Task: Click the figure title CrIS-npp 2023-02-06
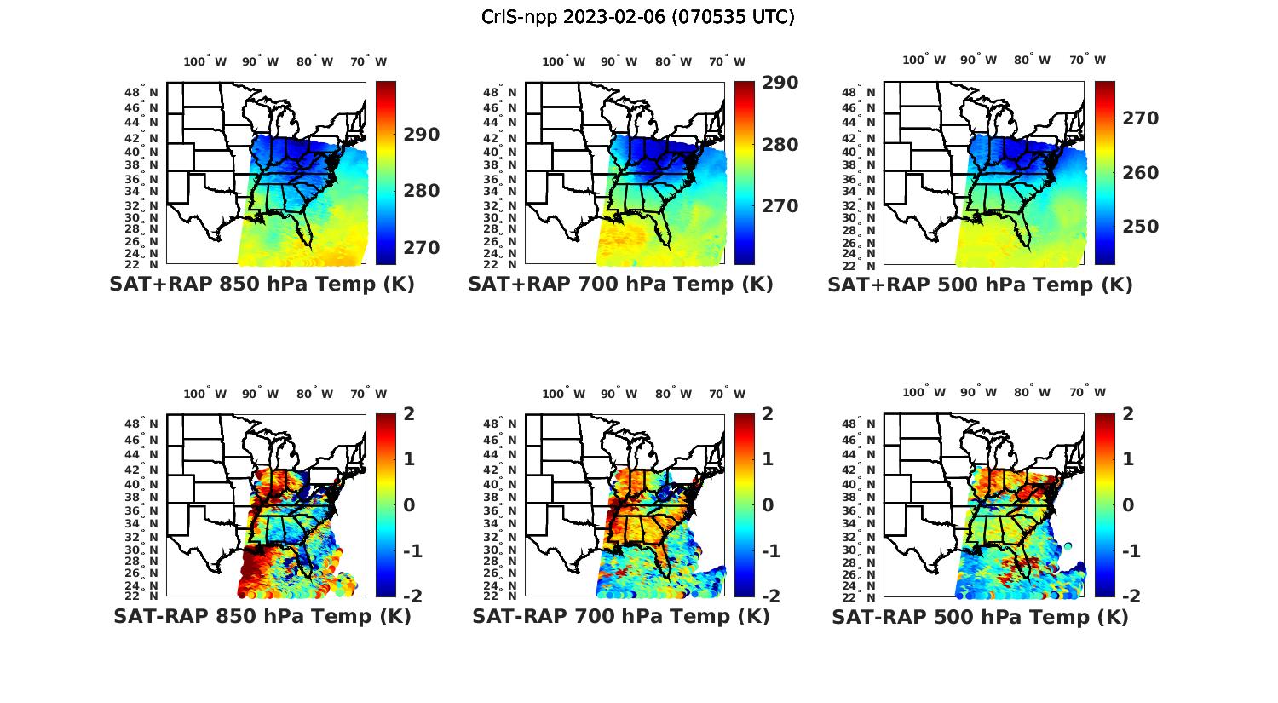click(x=638, y=17)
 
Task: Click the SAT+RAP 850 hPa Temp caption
click(x=262, y=285)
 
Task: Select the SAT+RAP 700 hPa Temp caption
click(x=620, y=285)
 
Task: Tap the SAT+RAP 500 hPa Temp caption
click(x=980, y=285)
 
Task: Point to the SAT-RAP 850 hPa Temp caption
click(x=262, y=617)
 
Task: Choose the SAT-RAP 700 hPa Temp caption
click(x=620, y=617)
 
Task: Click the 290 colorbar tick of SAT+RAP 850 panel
click(x=422, y=135)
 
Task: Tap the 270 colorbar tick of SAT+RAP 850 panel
click(x=422, y=248)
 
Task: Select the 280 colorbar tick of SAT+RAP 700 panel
click(x=780, y=145)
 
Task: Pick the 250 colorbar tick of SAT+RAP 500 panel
click(x=1140, y=227)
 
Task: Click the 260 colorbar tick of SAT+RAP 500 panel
click(x=1140, y=173)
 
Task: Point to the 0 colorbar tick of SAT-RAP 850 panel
click(x=409, y=505)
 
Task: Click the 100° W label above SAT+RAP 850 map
click(x=205, y=61)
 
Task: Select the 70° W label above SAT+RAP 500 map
click(x=1087, y=60)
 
